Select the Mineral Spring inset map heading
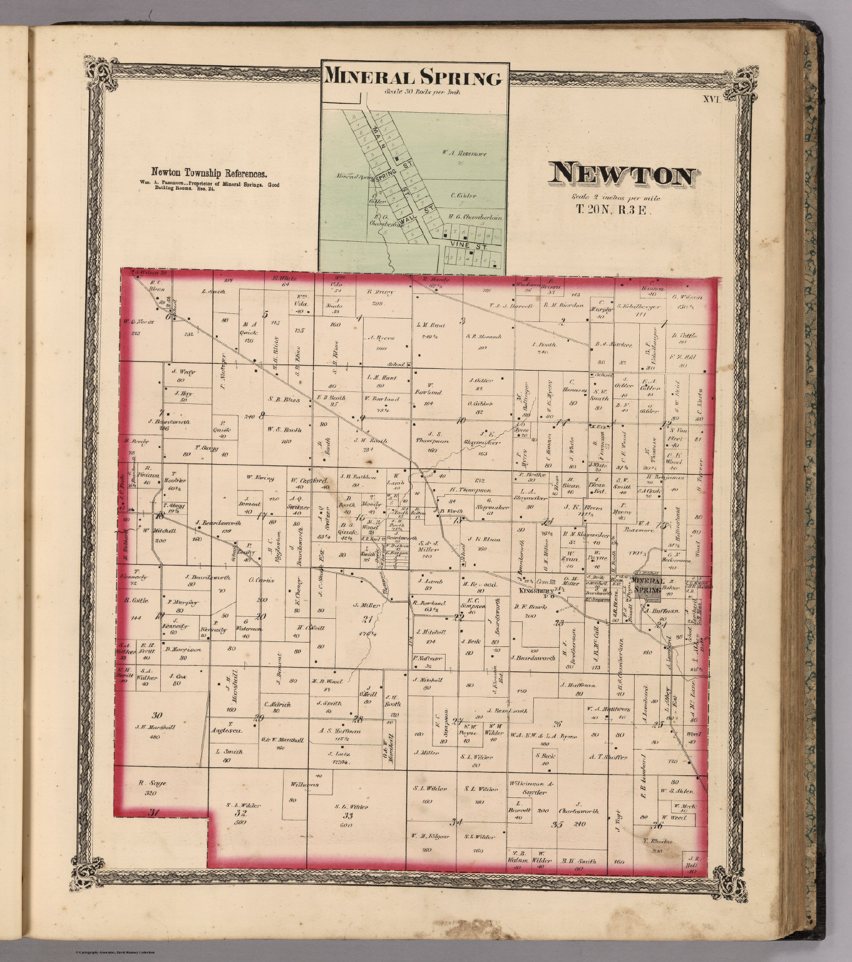click(413, 78)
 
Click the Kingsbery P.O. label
click(534, 591)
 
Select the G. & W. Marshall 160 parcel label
click(282, 743)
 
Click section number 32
click(240, 813)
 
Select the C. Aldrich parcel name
click(277, 705)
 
